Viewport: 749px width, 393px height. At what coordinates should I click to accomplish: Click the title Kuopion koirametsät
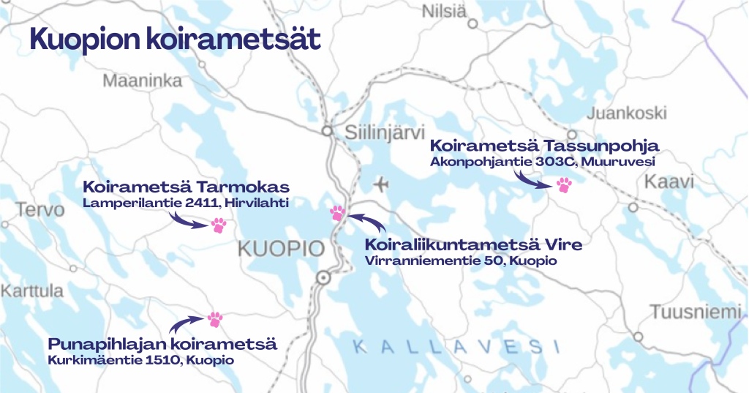pyautogui.click(x=175, y=40)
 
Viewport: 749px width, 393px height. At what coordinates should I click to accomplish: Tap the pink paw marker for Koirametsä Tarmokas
pyautogui.click(x=219, y=225)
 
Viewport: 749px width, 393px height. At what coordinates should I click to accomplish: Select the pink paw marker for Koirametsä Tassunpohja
pyautogui.click(x=564, y=184)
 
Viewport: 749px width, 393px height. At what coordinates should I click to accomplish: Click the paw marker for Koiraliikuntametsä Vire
pyautogui.click(x=337, y=213)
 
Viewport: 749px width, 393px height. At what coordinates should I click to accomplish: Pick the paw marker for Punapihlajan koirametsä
pyautogui.click(x=214, y=319)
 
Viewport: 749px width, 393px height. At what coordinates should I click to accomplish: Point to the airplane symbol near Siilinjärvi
pyautogui.click(x=380, y=183)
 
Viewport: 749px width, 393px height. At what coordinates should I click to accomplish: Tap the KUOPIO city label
pyautogui.click(x=281, y=250)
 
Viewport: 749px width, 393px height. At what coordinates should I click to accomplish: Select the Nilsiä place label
pyautogui.click(x=443, y=11)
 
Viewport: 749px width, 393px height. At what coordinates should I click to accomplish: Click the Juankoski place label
pyautogui.click(x=627, y=113)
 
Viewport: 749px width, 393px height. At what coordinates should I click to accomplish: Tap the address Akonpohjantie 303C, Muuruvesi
pyautogui.click(x=541, y=161)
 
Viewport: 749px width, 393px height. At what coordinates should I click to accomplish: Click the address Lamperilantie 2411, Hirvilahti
pyautogui.click(x=186, y=202)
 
